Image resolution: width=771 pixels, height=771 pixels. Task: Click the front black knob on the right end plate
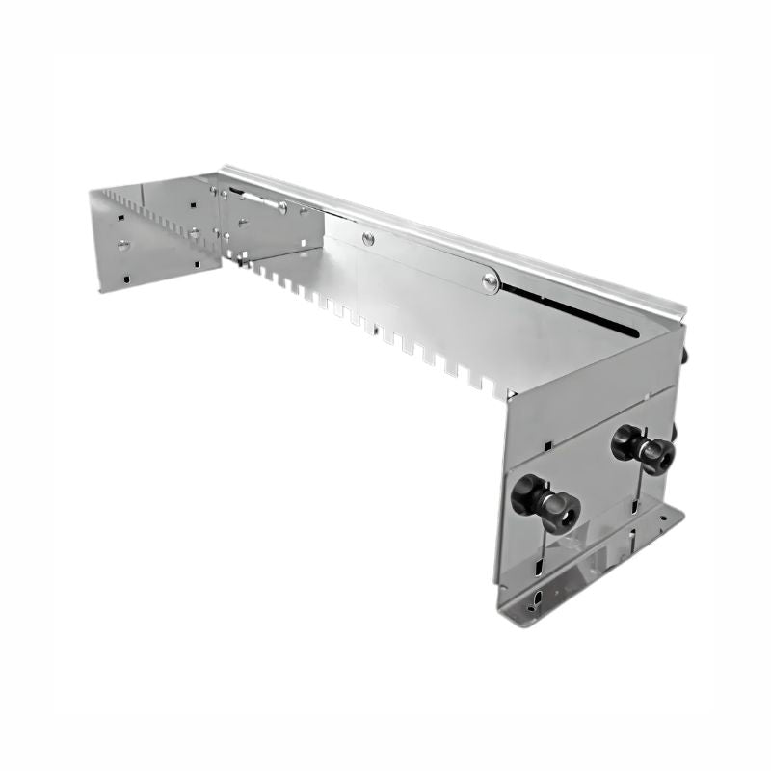click(x=545, y=501)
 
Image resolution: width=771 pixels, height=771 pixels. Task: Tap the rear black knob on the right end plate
click(x=642, y=449)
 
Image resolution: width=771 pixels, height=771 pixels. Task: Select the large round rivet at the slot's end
click(x=491, y=281)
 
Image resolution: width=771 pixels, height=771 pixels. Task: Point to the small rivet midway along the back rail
click(x=367, y=238)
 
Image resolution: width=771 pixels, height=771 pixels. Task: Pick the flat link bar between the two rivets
click(x=429, y=259)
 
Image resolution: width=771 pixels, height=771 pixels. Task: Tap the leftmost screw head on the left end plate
click(x=123, y=245)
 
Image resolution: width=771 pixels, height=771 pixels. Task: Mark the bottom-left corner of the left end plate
click(x=101, y=289)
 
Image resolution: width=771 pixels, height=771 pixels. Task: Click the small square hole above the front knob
click(x=546, y=446)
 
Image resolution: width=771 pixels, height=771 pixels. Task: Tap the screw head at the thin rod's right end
click(x=281, y=206)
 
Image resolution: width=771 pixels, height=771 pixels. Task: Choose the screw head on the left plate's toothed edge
click(x=194, y=232)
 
